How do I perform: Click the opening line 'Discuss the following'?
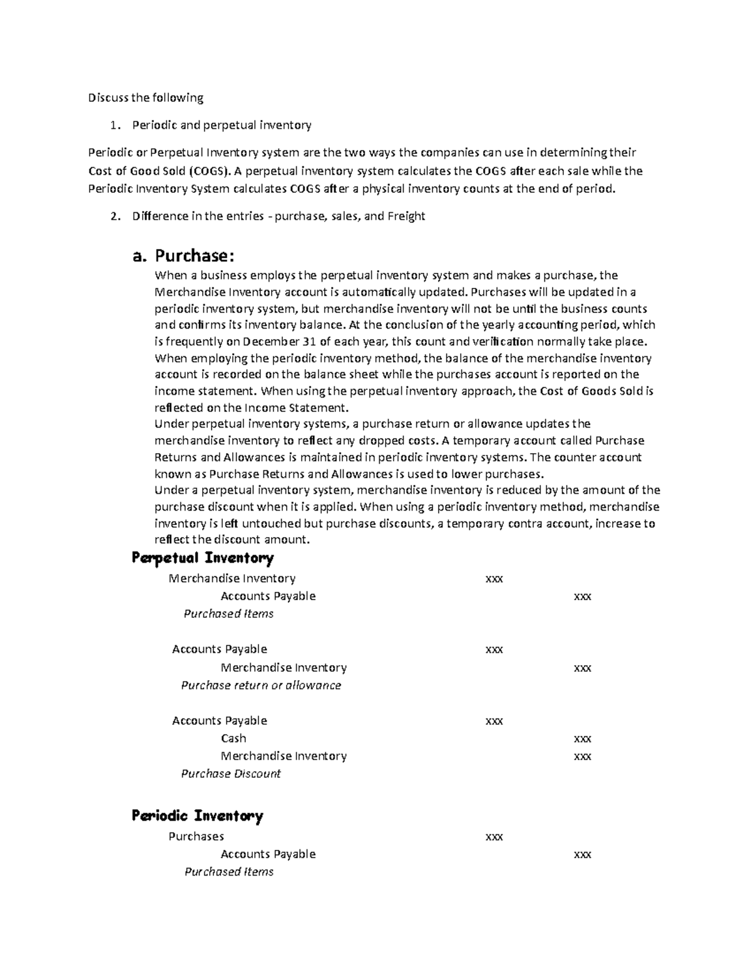146,98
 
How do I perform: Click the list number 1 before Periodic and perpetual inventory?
113,126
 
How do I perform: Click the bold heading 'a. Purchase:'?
185,255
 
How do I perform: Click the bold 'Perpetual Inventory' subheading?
203,558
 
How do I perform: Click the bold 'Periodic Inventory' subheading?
197,816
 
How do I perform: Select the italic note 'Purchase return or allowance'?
261,685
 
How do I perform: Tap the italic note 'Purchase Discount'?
231,774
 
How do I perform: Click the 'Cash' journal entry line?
233,739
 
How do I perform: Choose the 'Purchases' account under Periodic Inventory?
196,836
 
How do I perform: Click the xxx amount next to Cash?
582,739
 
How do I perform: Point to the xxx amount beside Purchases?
494,837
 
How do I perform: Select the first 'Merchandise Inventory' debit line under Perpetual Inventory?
232,578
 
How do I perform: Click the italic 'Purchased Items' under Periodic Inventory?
229,872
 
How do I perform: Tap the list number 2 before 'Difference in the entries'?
114,217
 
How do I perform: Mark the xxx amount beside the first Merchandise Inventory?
494,579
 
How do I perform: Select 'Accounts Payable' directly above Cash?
219,721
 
